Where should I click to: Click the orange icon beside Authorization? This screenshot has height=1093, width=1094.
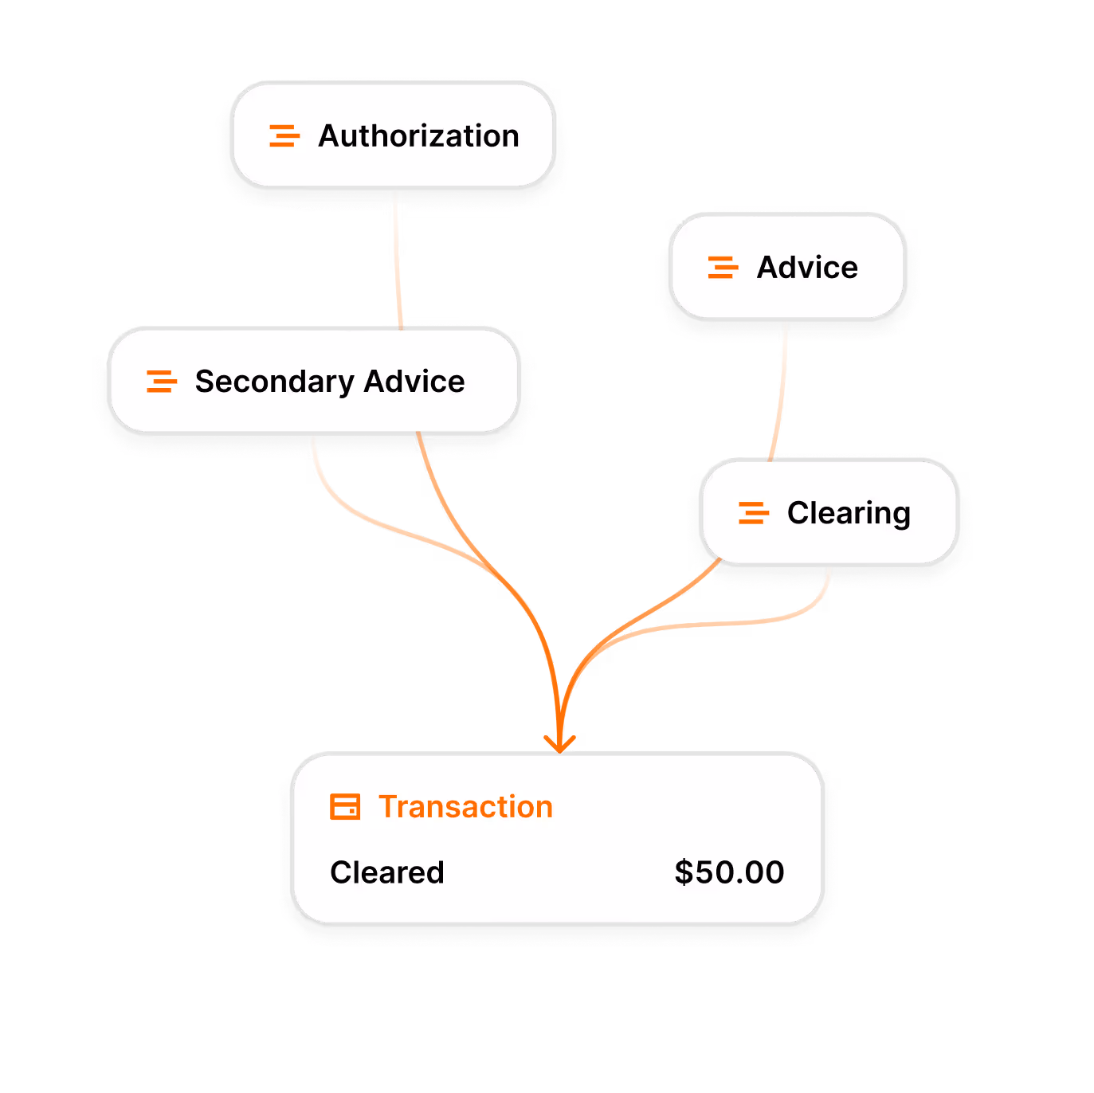tap(284, 136)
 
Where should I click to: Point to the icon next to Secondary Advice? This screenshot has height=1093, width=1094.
tap(161, 382)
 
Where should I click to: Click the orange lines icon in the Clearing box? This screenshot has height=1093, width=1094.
tap(753, 513)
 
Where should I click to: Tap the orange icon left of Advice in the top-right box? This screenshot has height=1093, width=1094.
tap(723, 268)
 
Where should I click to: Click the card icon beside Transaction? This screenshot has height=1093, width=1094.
tap(345, 807)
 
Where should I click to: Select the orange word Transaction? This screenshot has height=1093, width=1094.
tap(465, 807)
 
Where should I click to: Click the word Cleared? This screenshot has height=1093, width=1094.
tap(387, 872)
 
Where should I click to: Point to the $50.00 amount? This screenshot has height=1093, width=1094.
tap(729, 872)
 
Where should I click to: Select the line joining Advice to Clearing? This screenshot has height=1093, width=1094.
tap(782, 390)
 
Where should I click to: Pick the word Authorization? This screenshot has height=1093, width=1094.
tap(418, 136)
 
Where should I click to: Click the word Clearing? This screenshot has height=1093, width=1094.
tap(849, 513)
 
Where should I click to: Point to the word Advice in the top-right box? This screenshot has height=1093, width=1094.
tap(807, 268)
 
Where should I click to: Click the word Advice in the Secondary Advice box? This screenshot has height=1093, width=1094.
tap(414, 382)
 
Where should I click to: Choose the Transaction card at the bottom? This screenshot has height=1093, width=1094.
tap(558, 840)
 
